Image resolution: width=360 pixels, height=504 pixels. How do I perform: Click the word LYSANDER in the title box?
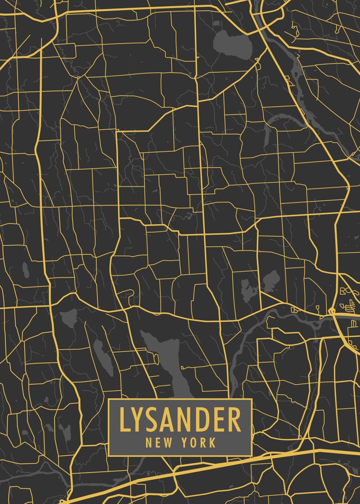point(180,420)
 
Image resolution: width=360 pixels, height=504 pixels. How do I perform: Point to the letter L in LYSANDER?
point(124,420)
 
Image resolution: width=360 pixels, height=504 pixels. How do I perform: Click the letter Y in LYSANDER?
point(139,420)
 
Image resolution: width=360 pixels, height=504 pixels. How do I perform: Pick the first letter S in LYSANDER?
point(154,420)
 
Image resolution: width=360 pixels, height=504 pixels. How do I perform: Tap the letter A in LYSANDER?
point(170,420)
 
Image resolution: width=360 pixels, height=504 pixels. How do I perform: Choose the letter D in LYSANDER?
point(204,420)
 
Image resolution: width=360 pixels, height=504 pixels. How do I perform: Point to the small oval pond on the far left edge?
point(26,270)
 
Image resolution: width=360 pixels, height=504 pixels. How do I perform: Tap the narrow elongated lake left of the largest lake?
point(103,357)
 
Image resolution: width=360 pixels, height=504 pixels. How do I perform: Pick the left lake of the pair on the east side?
point(249,290)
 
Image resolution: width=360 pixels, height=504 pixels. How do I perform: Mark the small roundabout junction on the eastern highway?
point(332,311)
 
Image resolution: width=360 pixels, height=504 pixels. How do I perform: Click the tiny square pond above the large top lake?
point(217,23)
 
